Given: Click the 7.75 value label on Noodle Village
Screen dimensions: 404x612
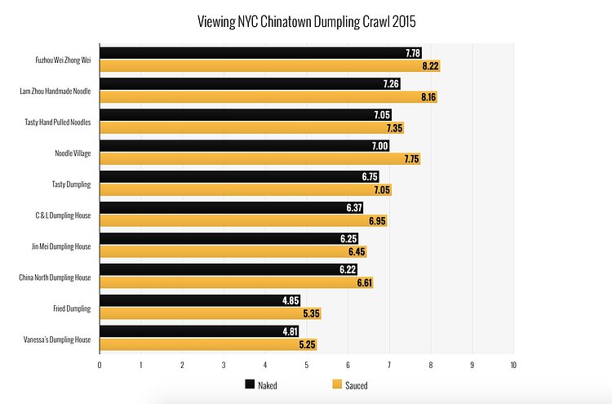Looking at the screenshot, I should pos(410,158).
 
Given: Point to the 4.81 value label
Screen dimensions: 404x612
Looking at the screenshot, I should pos(288,331).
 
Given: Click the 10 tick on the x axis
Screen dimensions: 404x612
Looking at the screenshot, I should pos(513,365).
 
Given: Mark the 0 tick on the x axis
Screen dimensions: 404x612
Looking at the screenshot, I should pos(100,365).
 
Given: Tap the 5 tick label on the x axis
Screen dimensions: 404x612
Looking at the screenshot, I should pos(307,365).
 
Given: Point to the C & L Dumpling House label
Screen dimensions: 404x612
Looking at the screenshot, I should pos(62,215).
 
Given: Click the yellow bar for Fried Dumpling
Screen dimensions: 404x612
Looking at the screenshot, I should pos(204,313).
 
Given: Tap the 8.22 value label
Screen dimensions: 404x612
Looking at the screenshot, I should pos(430,65).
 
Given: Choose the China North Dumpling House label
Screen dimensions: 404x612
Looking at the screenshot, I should pos(55,277).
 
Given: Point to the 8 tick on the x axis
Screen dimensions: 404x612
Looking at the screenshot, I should pos(431,365).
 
